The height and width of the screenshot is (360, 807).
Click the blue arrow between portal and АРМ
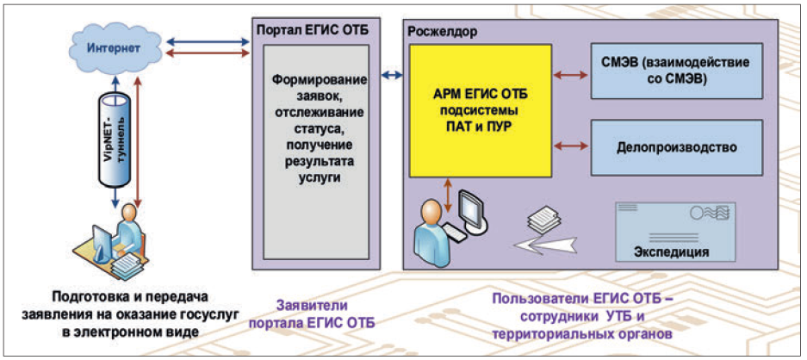click(x=393, y=76)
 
